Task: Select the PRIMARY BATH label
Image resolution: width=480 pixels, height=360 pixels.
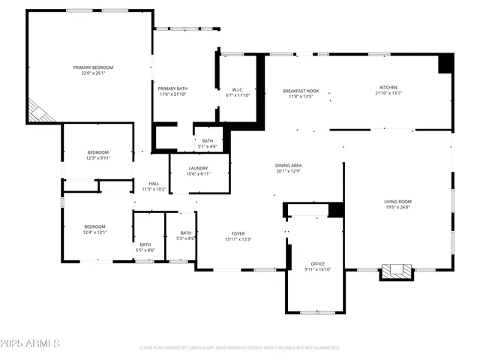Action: [x=172, y=88]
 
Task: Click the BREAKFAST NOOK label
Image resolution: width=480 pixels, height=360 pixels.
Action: [x=300, y=91]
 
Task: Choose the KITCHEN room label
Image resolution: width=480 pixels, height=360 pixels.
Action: [x=388, y=87]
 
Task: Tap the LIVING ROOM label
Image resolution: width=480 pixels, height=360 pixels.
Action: [x=397, y=201]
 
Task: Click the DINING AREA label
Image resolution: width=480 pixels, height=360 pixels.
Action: [x=289, y=165]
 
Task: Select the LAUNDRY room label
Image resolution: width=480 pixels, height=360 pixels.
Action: [x=198, y=168]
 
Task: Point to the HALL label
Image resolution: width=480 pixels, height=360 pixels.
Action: [x=154, y=184]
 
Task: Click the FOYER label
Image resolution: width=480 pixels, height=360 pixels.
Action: [x=238, y=233]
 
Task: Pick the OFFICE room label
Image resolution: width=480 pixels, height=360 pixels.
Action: [x=318, y=264]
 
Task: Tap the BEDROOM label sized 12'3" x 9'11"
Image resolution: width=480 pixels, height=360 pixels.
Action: [x=98, y=153]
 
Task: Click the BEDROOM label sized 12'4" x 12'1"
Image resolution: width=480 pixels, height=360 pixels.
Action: [x=94, y=226]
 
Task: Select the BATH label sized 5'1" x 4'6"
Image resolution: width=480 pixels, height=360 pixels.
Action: [x=208, y=141]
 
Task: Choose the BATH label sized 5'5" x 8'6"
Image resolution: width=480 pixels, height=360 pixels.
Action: [x=145, y=244]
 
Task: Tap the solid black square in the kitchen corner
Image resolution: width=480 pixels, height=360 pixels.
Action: [x=445, y=64]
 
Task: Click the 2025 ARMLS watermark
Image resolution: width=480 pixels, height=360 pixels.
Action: [x=31, y=343]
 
